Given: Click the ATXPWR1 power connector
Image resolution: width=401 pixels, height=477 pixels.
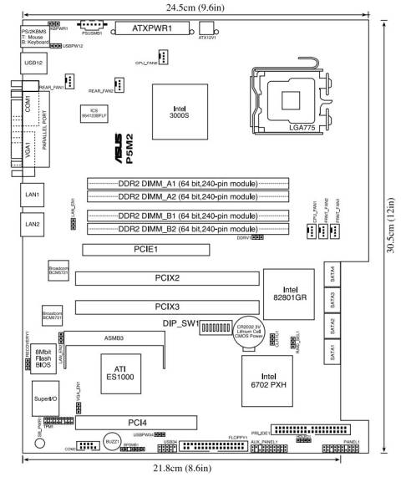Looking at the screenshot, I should (158, 28).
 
